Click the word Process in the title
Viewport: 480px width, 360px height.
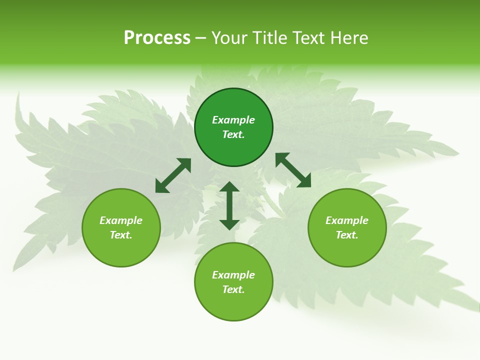pos(157,38)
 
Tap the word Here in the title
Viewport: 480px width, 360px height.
pos(349,38)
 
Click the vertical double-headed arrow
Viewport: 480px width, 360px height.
pos(229,205)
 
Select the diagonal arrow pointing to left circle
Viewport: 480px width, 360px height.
pos(173,175)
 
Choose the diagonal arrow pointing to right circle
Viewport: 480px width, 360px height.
pos(293,170)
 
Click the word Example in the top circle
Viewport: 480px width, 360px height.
pos(233,120)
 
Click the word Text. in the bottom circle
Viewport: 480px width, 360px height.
pos(233,289)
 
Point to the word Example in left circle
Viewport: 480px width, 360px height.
pos(121,220)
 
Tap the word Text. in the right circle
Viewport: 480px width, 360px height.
pos(347,235)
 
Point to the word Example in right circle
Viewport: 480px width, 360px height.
pos(347,220)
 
